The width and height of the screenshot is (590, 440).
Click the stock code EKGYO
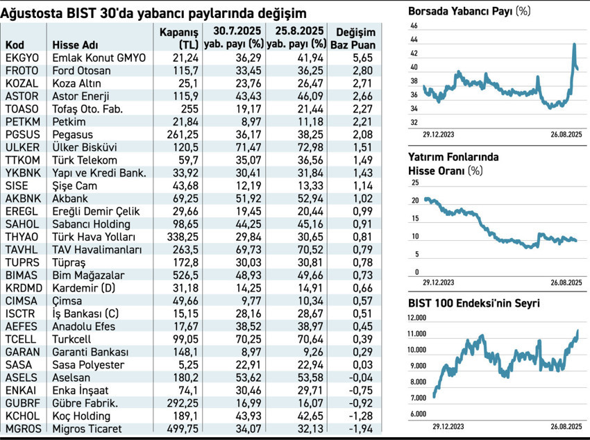tap(22, 58)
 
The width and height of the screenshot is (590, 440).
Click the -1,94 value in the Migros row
tap(362, 428)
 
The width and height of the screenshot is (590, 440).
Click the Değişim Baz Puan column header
tap(355, 38)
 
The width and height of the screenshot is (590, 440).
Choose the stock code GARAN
tap(22, 352)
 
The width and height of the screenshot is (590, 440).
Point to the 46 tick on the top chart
tap(414, 26)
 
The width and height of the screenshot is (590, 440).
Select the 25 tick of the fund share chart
tap(415, 183)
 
